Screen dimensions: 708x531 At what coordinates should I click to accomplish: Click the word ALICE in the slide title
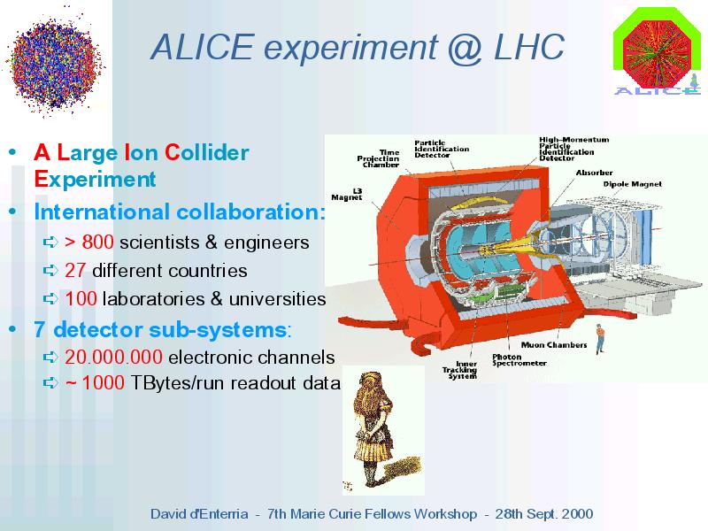click(203, 47)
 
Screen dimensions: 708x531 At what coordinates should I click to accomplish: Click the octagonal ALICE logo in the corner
click(657, 50)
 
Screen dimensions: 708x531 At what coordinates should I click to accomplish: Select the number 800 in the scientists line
click(97, 242)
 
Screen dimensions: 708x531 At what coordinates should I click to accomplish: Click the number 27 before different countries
click(75, 271)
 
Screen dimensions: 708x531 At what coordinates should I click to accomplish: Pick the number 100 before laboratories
click(81, 298)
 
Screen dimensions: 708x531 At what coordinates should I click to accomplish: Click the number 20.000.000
click(113, 358)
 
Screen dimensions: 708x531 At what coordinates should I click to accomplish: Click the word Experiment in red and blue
click(95, 180)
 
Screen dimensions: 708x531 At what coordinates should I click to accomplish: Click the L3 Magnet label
click(347, 194)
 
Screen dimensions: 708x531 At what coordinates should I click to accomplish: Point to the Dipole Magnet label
click(632, 184)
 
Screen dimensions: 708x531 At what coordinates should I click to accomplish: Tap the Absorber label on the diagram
click(594, 173)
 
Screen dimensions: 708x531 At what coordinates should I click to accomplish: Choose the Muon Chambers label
click(554, 345)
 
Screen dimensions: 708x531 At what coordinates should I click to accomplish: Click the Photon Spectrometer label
click(519, 360)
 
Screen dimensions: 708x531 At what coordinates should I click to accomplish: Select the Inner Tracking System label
click(459, 370)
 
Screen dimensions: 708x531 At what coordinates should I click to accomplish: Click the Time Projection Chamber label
click(379, 158)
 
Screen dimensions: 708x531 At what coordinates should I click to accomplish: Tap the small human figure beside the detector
click(600, 338)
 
